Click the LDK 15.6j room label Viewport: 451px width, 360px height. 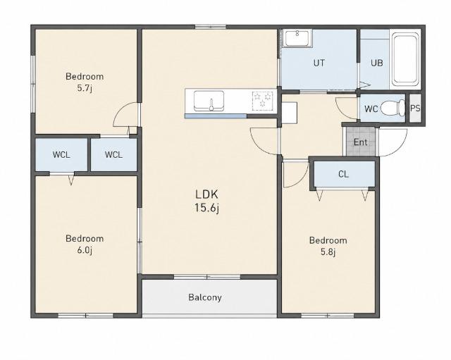point(206,201)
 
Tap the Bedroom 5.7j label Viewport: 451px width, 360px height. point(85,82)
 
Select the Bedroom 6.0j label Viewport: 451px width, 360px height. point(85,244)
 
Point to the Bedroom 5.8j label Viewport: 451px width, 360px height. point(328,246)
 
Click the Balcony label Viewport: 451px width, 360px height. point(205,297)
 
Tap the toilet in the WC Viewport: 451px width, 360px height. point(393,108)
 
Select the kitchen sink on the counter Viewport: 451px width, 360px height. point(209,101)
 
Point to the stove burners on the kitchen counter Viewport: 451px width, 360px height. point(262,101)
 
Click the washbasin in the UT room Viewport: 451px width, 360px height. point(297,39)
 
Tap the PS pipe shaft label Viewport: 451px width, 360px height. point(415,108)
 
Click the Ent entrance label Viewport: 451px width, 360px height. point(360,142)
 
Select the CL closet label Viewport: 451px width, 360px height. point(343,174)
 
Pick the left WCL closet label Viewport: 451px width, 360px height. point(61,155)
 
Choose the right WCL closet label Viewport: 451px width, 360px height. point(113,155)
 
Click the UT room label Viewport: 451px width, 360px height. point(319,63)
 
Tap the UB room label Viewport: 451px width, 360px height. point(377,63)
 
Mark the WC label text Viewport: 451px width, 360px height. point(371,109)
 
